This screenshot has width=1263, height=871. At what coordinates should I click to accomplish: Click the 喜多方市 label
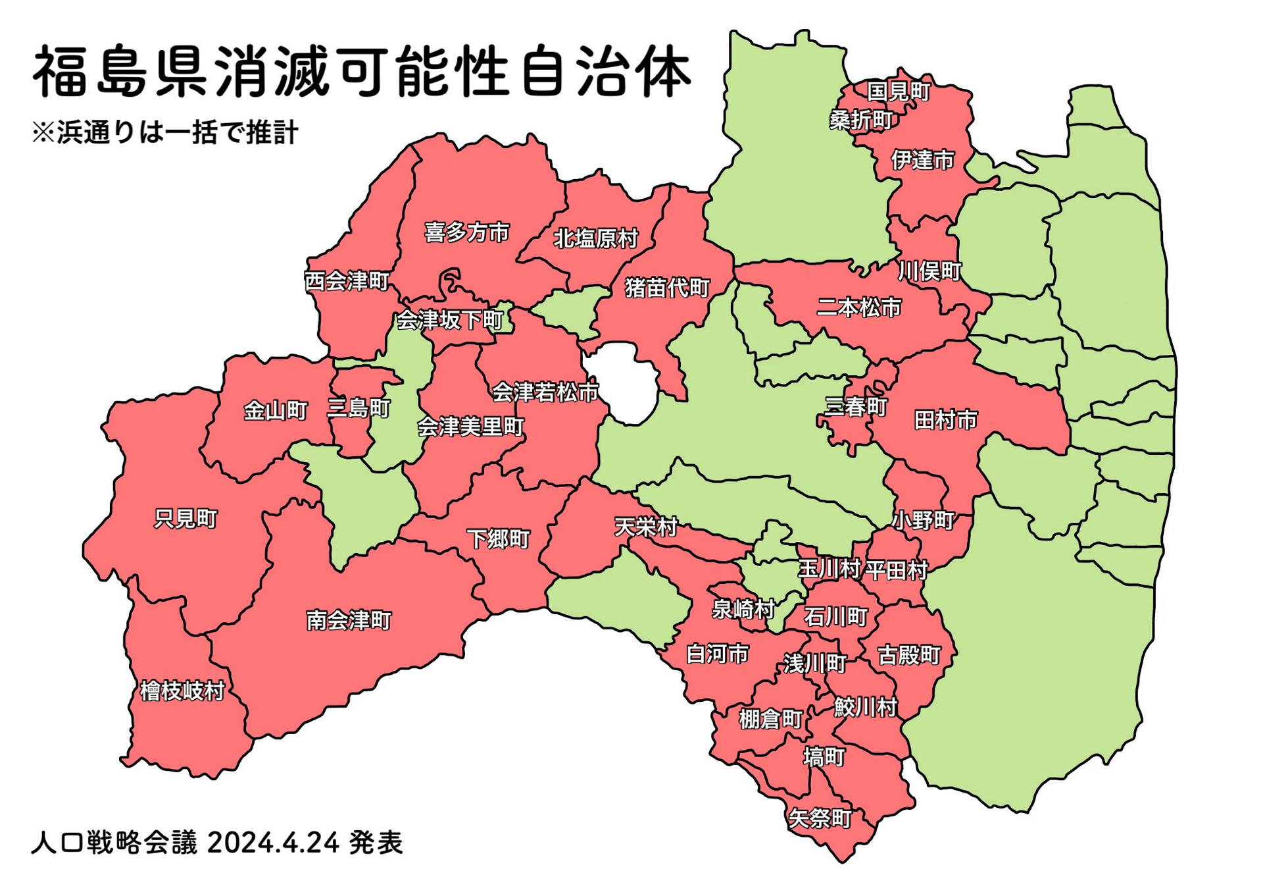[x=466, y=232]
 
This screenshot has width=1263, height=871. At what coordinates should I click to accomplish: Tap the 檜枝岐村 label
[x=182, y=691]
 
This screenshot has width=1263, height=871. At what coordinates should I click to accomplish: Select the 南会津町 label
[x=349, y=620]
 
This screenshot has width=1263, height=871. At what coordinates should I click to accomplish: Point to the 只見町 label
[x=186, y=519]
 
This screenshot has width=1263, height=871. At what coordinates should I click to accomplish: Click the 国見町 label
[x=898, y=91]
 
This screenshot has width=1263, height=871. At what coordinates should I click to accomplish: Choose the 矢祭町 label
[x=820, y=818]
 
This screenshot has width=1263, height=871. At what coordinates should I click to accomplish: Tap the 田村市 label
[x=945, y=419]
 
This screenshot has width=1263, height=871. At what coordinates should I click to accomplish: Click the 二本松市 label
[x=858, y=307]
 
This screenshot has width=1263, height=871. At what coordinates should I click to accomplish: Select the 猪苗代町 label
[x=667, y=288]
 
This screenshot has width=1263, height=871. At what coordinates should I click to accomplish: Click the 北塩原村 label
[x=595, y=238]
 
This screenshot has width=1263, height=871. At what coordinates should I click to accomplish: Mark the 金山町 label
[x=276, y=411]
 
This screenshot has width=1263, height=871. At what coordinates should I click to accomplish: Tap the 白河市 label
[x=717, y=654]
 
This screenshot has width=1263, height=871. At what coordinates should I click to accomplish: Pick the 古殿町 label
[x=909, y=654]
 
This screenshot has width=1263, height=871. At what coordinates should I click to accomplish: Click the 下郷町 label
[x=498, y=539]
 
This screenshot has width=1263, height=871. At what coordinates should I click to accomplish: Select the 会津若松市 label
[x=545, y=392]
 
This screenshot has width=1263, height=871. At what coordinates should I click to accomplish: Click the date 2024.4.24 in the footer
[x=273, y=842]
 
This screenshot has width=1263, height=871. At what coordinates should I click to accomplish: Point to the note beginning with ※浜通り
[x=164, y=132]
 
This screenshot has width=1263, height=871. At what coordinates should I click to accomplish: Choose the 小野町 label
[x=923, y=520]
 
